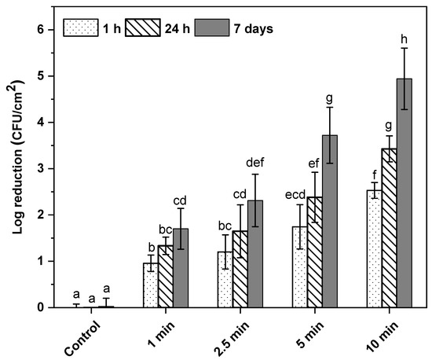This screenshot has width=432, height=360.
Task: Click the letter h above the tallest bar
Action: pos(405,38)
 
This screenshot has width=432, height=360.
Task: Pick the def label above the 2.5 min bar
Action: pos(254,163)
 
